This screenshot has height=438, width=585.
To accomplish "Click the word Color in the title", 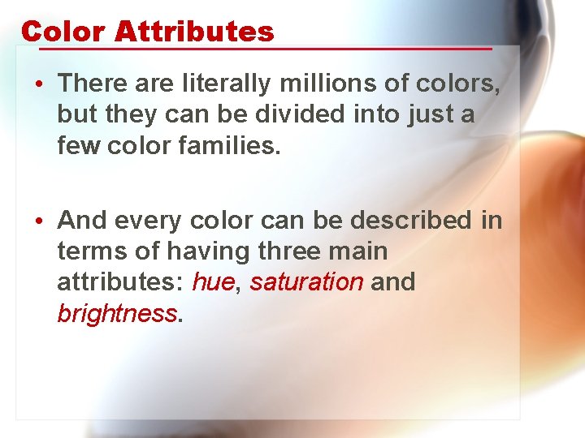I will point(63,32).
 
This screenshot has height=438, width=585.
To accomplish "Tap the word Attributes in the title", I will point(194,32).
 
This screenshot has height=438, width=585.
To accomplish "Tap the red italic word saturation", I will point(306,282).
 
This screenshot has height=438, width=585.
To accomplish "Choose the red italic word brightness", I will point(117,314).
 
